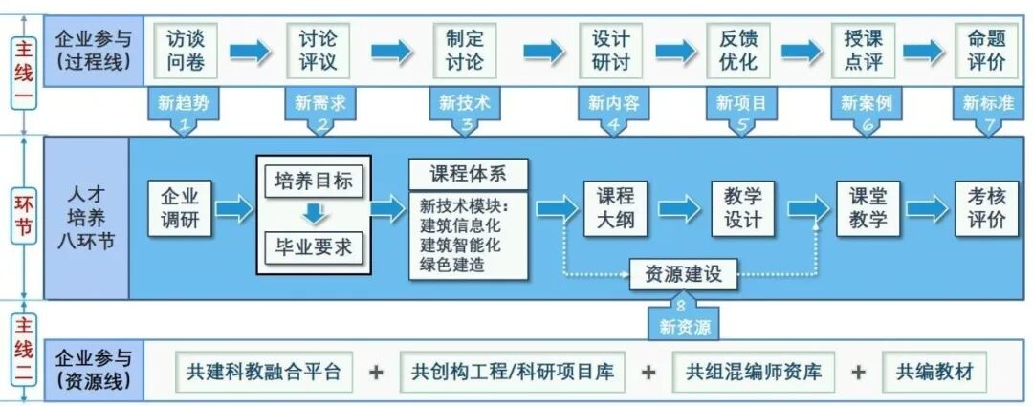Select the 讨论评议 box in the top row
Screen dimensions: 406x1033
point(319,51)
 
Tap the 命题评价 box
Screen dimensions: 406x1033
point(985,51)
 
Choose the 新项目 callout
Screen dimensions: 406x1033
point(741,106)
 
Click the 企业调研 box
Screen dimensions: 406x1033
point(179,208)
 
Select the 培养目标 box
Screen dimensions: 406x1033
point(313,181)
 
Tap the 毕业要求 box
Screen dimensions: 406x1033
point(313,248)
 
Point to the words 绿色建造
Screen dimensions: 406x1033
point(452,265)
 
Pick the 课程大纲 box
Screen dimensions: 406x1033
point(616,208)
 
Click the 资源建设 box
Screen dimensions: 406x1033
point(683,275)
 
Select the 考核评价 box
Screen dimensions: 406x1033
point(986,208)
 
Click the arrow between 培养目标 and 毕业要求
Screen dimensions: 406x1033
point(313,214)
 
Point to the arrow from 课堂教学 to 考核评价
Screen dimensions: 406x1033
point(925,208)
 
